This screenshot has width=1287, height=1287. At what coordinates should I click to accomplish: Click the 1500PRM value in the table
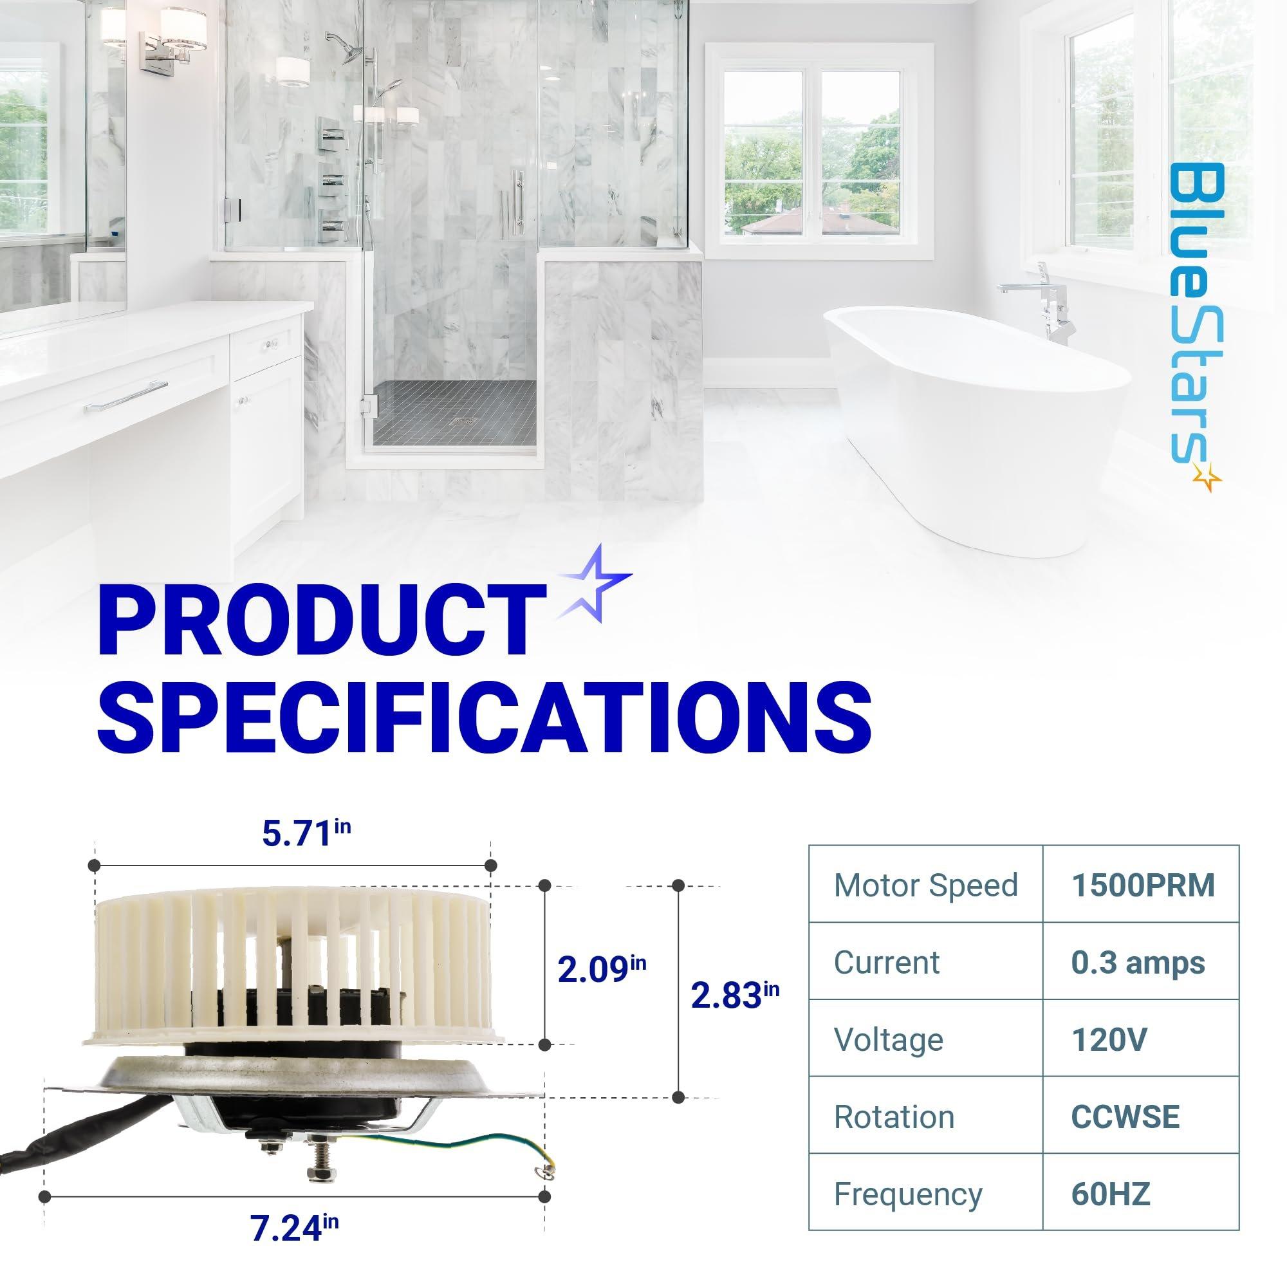pos(1143,885)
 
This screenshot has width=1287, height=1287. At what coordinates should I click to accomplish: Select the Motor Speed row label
pos(926,886)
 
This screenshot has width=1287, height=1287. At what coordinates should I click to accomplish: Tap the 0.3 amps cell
pos(1138,963)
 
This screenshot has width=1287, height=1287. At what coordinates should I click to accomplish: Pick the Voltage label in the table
pos(889,1040)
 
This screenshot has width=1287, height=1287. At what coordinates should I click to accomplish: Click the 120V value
pos(1109,1039)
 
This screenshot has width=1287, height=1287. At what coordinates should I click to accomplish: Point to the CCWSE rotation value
pos(1125,1116)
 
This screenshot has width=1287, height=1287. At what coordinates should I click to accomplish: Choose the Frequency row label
pos(908,1194)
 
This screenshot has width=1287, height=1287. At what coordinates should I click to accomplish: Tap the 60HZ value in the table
pos(1111,1194)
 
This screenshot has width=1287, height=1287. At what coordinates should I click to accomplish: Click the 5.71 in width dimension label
pos(306,833)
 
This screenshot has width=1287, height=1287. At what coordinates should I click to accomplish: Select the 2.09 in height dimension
pos(602,969)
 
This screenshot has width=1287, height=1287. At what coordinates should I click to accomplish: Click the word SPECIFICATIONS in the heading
pos(485,716)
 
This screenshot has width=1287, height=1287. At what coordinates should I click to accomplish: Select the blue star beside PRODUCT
pos(593,584)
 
